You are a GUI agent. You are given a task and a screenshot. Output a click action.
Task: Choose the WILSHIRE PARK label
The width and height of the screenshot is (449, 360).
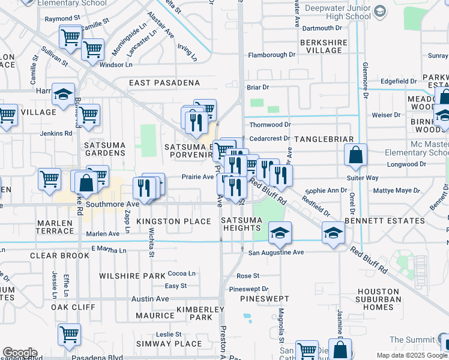pyautogui.click(x=122, y=276)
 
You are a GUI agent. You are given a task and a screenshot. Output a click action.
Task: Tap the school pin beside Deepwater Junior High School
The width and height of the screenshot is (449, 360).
pyautogui.click(x=379, y=11)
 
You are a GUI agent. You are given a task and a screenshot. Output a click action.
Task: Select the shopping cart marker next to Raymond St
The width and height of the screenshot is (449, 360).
pyautogui.click(x=71, y=37)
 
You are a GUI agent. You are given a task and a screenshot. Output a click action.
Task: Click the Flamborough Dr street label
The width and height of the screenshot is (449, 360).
pyautogui.click(x=271, y=55)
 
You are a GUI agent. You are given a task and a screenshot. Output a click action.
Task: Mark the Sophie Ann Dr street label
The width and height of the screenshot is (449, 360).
pyautogui.click(x=326, y=191)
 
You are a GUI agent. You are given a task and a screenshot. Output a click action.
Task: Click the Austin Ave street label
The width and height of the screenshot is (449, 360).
pyautogui.click(x=150, y=299)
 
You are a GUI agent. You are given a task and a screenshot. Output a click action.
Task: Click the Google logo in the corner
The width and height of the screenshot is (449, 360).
pyautogui.click(x=20, y=353)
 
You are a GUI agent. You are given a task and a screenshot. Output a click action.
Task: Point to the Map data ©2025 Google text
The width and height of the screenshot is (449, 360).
pyautogui.click(x=411, y=355)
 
